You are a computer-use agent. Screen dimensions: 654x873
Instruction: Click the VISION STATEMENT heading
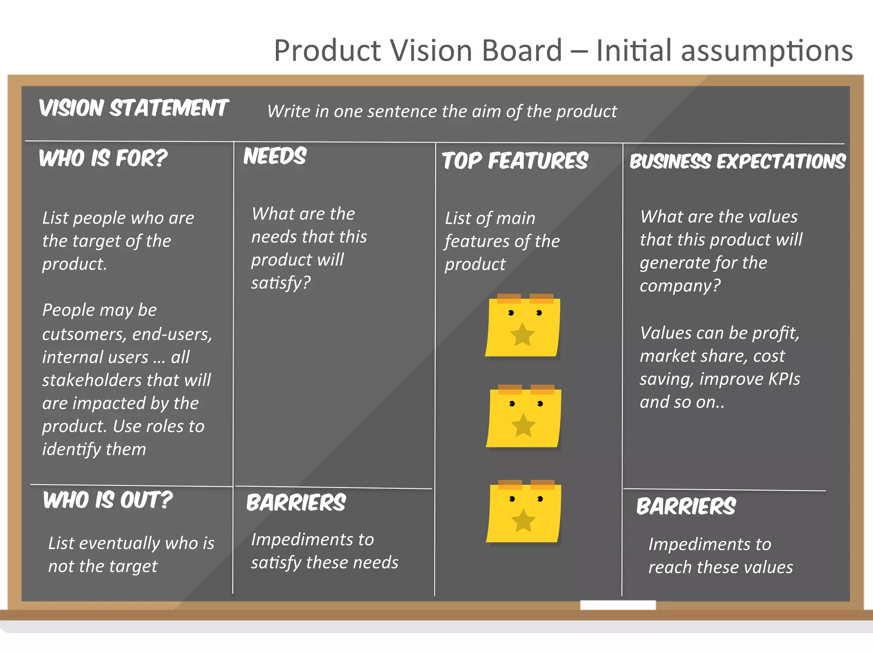click(134, 108)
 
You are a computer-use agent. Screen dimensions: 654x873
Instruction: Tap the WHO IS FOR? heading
click(103, 158)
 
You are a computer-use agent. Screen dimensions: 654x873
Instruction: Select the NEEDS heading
click(275, 156)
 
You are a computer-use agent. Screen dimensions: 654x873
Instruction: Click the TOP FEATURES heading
click(515, 161)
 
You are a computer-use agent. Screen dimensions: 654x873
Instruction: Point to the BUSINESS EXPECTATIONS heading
click(737, 162)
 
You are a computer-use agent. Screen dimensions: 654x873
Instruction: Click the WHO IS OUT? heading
click(108, 500)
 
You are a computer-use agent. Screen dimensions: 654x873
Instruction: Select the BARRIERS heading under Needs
click(296, 503)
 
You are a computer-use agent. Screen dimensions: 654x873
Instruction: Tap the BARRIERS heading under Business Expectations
click(686, 507)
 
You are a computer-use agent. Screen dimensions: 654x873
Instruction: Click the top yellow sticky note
click(523, 326)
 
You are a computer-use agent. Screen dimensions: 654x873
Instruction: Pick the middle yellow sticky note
click(523, 417)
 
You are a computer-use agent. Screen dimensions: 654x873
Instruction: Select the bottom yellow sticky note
click(523, 512)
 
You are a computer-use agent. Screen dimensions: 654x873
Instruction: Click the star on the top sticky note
click(522, 335)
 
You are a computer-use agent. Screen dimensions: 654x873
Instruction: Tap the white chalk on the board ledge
click(618, 605)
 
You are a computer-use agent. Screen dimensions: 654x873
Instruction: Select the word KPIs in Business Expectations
click(784, 379)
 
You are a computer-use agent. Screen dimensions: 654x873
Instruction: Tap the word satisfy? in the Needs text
click(281, 283)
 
